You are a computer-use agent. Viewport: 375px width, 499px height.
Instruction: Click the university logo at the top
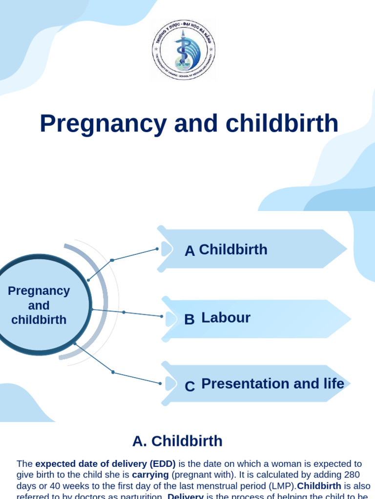coord(184,50)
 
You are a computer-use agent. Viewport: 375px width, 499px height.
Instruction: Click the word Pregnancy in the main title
coord(103,123)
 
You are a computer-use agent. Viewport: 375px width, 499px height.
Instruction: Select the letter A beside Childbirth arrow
coord(189,251)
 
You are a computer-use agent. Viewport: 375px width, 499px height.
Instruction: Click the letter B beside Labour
coord(189,320)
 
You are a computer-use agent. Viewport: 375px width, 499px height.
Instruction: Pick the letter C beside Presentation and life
coord(189,386)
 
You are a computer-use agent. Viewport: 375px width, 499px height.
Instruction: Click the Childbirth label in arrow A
coord(233,249)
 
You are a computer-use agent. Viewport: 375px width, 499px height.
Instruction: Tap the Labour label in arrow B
coord(226,318)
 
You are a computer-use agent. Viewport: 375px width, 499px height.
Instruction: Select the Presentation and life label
coord(272,384)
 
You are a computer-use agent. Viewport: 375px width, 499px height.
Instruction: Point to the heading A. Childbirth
coord(177,441)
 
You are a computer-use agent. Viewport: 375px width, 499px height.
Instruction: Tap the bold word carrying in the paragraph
coord(150,475)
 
